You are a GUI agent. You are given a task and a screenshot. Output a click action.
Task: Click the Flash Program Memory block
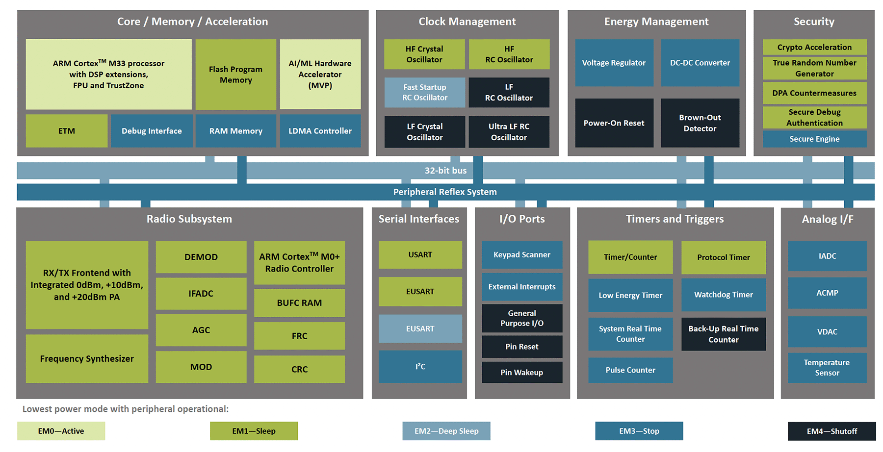236,75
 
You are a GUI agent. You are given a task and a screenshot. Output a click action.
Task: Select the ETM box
67,131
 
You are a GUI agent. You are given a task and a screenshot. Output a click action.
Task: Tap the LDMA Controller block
320,131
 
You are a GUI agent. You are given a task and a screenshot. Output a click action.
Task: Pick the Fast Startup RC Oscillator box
425,92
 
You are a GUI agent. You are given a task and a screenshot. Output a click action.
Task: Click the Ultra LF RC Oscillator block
509,132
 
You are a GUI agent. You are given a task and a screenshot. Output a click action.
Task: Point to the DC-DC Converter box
700,63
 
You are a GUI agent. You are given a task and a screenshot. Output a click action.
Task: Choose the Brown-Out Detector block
700,123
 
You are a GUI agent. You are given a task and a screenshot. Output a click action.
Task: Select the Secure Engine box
815,139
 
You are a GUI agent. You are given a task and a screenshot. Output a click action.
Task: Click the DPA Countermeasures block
815,93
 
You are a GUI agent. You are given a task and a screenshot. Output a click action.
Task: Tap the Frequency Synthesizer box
87,359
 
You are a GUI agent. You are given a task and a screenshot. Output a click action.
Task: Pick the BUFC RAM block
299,303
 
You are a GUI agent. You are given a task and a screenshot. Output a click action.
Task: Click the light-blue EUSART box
420,328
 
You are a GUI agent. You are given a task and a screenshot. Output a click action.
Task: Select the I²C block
420,367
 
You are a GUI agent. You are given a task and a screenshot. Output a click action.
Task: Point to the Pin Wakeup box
522,373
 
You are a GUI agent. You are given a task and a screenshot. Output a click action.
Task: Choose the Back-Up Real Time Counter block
724,334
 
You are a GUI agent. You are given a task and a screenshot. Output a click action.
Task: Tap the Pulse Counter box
630,370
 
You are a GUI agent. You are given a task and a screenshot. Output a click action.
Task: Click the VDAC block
828,332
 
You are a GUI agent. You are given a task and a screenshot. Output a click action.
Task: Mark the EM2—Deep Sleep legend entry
446,431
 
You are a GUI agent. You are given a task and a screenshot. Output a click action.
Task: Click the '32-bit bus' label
445,171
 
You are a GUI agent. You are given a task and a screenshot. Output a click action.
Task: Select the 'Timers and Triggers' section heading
675,219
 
